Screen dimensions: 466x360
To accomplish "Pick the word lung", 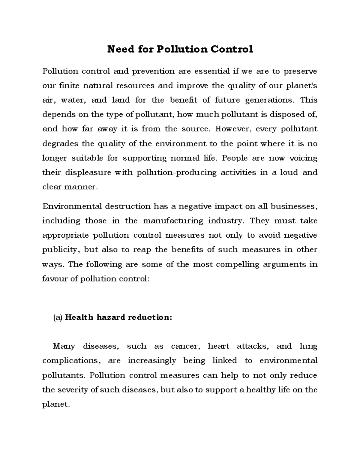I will [308, 346].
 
